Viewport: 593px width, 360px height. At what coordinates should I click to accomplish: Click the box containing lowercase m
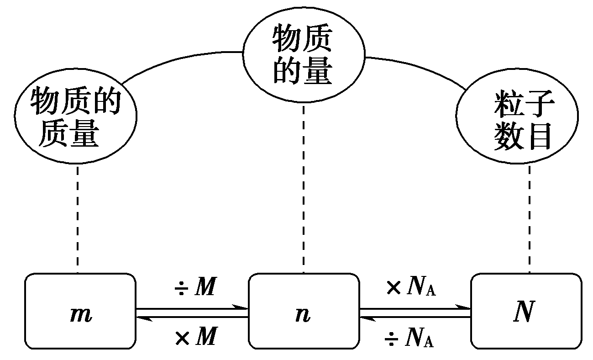(x=80, y=312)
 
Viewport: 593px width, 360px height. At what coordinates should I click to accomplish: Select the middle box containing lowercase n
(x=303, y=312)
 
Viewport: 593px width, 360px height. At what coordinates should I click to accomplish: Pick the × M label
(x=194, y=338)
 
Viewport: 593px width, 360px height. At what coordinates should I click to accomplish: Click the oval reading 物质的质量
(x=76, y=118)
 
